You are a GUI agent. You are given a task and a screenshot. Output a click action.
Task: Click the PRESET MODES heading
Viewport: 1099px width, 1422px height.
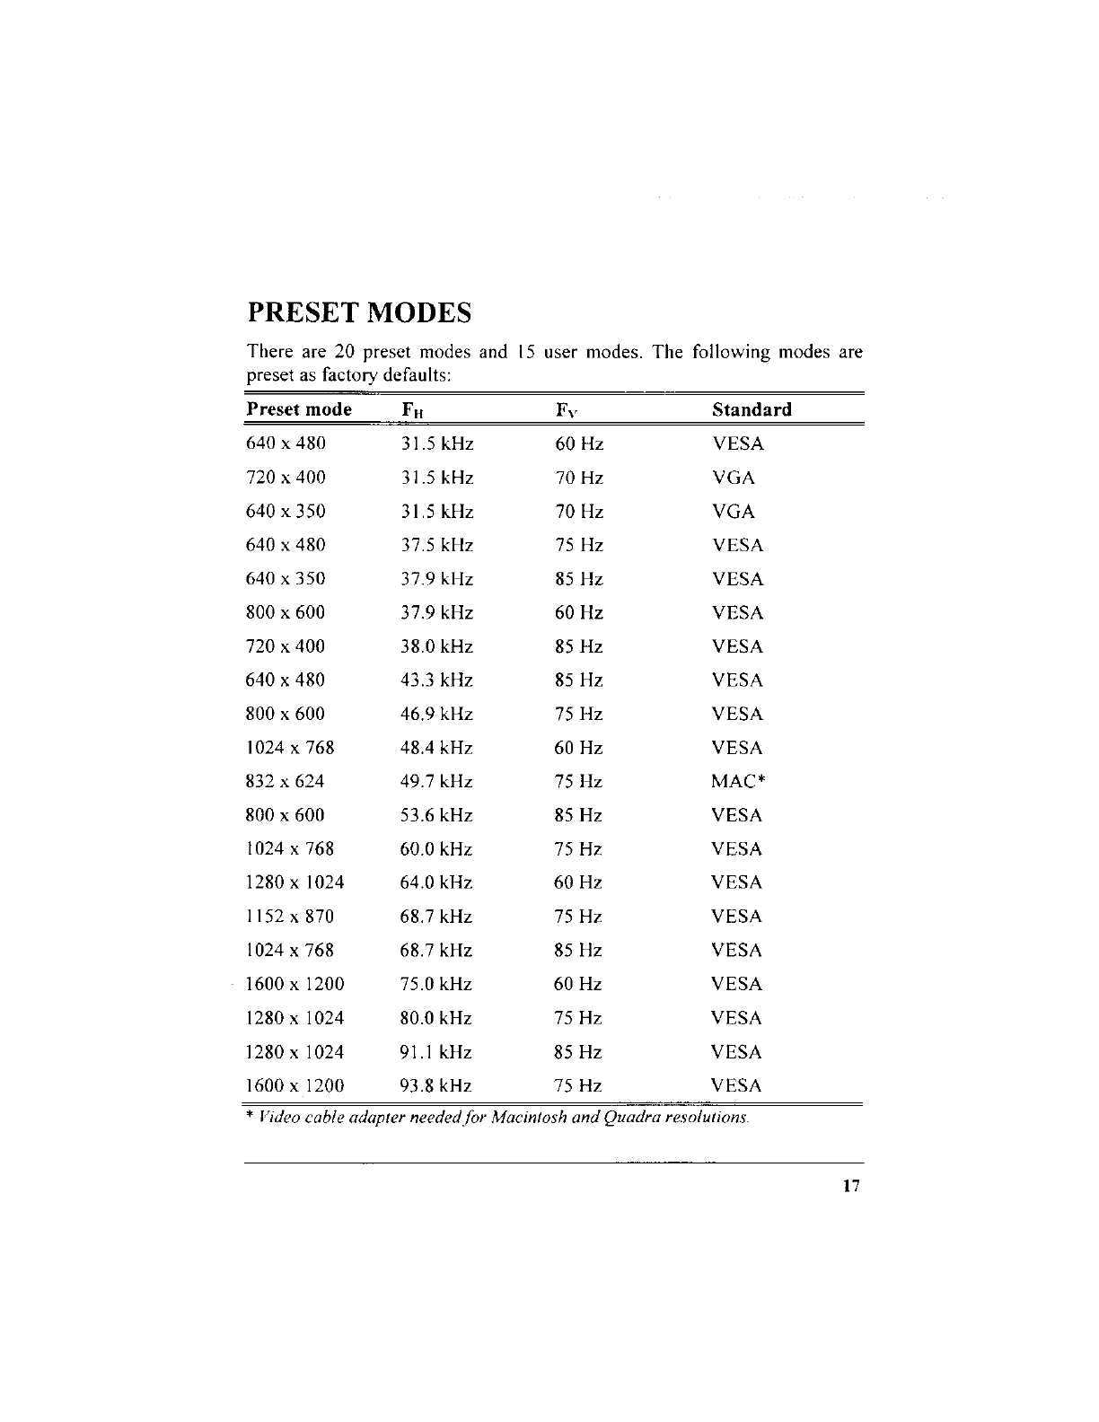point(359,313)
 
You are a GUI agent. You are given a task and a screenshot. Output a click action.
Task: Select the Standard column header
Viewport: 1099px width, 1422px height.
point(752,410)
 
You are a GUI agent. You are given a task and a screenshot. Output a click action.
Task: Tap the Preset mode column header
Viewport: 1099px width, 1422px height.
point(299,410)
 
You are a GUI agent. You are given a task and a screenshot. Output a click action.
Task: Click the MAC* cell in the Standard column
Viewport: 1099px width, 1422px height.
point(737,782)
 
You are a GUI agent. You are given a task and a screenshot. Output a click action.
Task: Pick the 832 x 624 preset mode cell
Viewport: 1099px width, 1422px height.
point(285,782)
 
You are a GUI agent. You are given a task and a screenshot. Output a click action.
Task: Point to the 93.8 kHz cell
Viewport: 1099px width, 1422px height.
point(435,1086)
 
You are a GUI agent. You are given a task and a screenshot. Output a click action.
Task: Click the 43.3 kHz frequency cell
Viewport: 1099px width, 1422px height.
point(436,680)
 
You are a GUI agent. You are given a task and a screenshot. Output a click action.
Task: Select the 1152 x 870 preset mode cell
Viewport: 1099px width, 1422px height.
point(289,917)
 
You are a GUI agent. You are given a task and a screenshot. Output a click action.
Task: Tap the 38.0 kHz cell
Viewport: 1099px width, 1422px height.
point(436,647)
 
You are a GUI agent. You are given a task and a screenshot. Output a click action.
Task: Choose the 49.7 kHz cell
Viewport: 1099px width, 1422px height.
point(436,782)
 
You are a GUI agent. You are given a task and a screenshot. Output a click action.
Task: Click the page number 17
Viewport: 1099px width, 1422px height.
point(851,1186)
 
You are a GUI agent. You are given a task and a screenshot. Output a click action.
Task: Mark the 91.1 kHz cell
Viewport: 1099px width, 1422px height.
point(435,1052)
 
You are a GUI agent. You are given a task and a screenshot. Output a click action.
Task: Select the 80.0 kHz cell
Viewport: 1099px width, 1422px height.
point(435,1019)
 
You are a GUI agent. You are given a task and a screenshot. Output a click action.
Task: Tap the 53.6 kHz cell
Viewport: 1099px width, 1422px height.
point(436,816)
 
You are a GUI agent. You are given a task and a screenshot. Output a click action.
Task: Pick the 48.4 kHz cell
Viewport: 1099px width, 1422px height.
point(436,748)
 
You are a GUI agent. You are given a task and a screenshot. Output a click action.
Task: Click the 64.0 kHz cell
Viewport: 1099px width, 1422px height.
point(436,883)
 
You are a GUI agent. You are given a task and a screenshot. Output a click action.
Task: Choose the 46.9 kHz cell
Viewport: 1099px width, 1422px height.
point(436,715)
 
